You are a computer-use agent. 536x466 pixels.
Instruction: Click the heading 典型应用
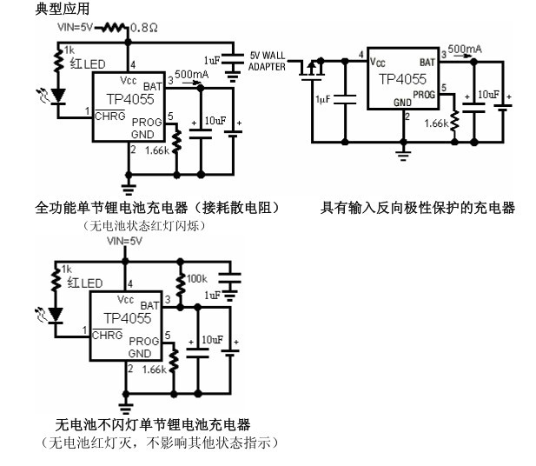coord(37,9)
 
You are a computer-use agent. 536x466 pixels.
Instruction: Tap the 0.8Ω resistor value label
coord(145,28)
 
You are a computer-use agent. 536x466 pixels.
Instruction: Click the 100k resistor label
coord(197,279)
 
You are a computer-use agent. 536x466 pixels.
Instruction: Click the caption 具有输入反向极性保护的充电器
coord(418,208)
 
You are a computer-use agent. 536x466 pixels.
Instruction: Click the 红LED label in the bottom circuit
coord(86,283)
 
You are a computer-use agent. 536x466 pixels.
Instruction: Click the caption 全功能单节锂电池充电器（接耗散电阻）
coord(156,208)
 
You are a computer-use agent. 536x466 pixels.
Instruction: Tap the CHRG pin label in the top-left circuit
coord(108,113)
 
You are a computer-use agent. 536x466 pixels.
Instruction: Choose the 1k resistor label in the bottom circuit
coord(68,270)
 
